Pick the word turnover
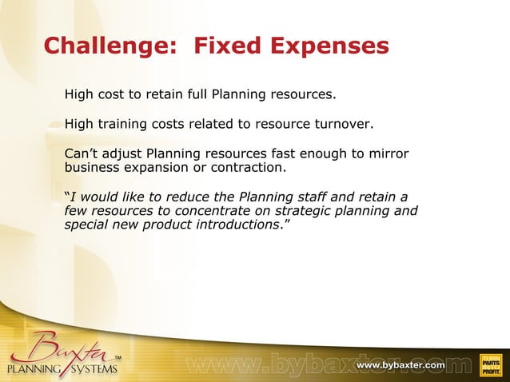(345, 125)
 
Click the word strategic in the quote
(304, 211)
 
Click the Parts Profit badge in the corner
(490, 364)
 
